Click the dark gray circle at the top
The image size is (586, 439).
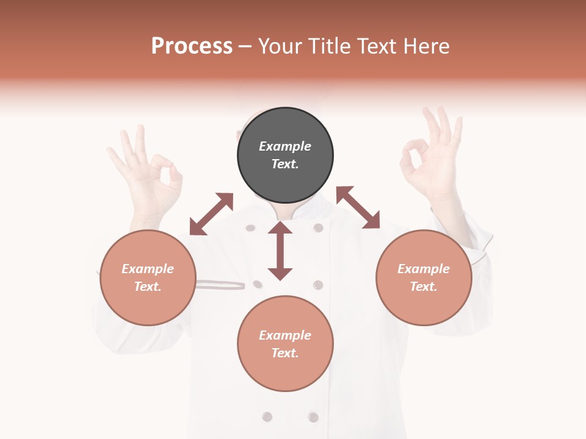(285, 155)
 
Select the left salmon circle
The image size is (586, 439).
(148, 278)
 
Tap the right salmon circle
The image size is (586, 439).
(424, 278)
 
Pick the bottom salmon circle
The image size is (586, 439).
(285, 344)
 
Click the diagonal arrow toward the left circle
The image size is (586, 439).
(211, 214)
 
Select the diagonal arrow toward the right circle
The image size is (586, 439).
(358, 207)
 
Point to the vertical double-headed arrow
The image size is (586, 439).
(280, 251)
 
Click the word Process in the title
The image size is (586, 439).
(192, 46)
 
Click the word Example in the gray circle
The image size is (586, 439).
(285, 146)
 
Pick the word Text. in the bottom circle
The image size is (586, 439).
(285, 353)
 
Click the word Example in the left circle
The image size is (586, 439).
(148, 269)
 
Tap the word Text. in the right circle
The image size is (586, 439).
(424, 287)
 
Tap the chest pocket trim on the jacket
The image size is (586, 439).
(220, 284)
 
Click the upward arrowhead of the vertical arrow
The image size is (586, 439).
(280, 227)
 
